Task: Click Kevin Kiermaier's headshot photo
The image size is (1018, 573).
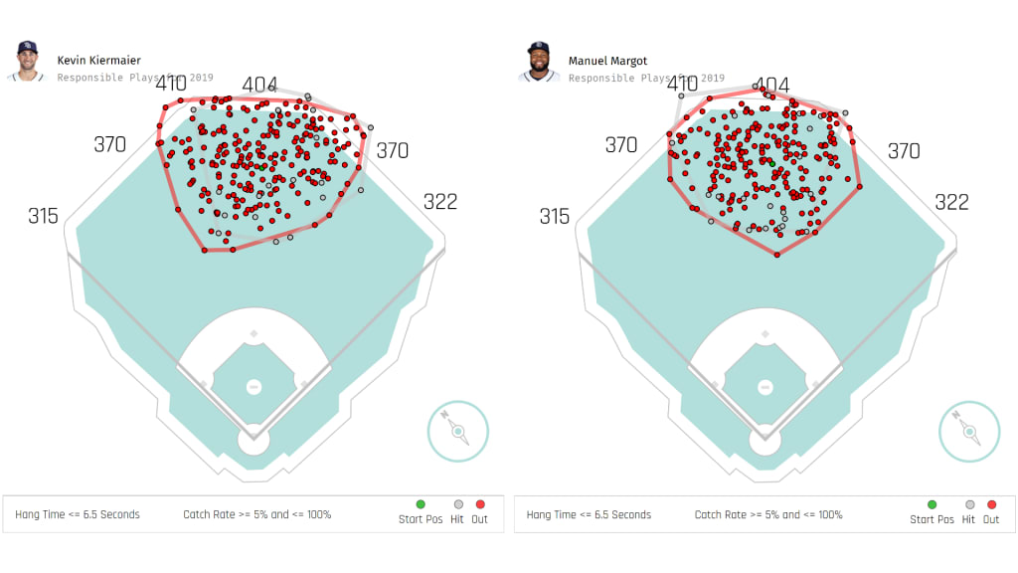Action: tap(25, 61)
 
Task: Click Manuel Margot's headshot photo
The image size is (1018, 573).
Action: tap(538, 61)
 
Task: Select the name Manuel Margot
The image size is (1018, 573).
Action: tap(607, 61)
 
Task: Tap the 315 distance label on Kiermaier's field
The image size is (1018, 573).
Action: tap(43, 216)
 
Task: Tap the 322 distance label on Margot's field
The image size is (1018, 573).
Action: tap(951, 202)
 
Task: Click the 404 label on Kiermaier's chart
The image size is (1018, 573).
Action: tap(260, 86)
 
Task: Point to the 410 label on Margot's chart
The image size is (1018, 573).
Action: tap(682, 85)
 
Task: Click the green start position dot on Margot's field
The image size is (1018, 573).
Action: tap(769, 161)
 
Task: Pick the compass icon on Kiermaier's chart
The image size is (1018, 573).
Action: tap(458, 431)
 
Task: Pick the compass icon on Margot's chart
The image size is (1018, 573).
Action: tap(969, 431)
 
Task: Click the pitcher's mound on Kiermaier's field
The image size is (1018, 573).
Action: tap(254, 386)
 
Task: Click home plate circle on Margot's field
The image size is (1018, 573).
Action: tap(764, 439)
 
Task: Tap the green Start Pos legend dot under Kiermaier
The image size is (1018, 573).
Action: tap(421, 504)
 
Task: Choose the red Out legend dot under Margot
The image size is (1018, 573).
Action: tap(991, 504)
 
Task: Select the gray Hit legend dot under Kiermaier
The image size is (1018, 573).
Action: tap(458, 504)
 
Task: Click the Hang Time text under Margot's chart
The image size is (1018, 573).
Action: tap(589, 514)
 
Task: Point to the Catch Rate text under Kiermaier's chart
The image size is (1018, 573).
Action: tap(256, 514)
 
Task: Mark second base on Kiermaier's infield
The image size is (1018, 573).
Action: tap(254, 333)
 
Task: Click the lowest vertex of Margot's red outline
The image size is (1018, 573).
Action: tap(777, 255)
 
